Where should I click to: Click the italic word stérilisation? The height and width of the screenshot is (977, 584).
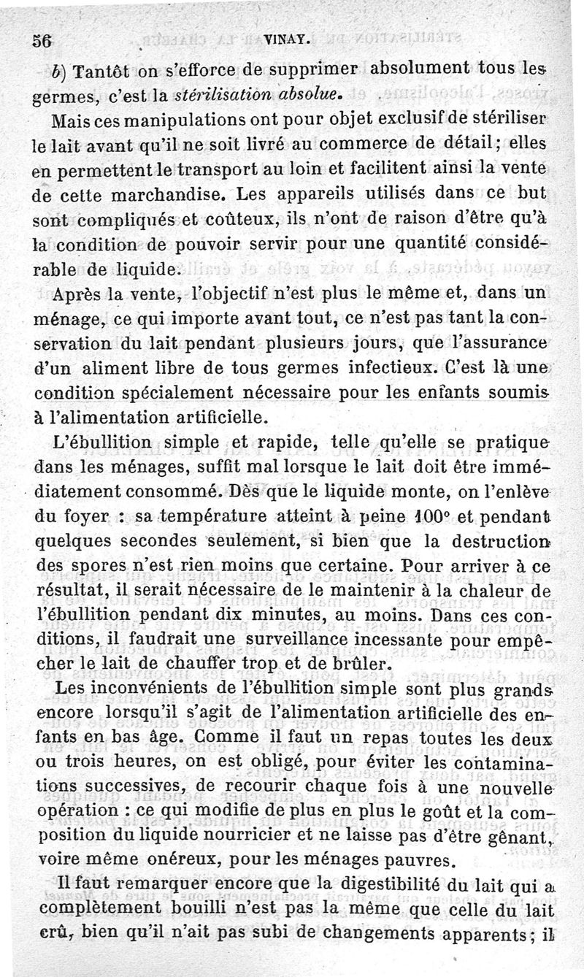(x=218, y=94)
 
